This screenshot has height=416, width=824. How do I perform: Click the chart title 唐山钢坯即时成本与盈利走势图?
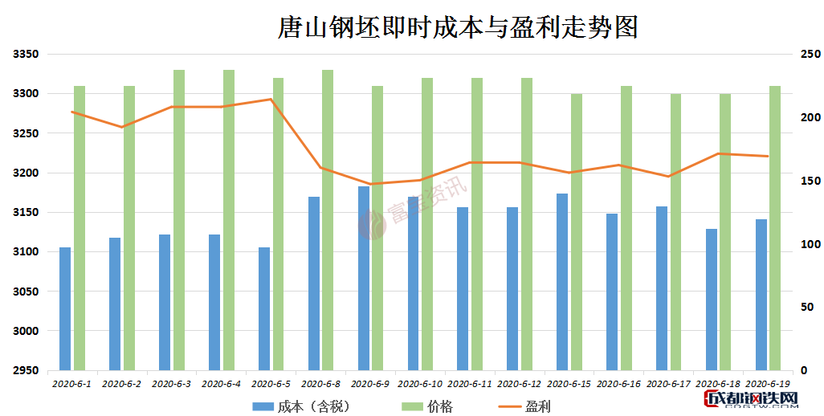point(457,27)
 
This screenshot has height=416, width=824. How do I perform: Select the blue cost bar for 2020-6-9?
point(364,278)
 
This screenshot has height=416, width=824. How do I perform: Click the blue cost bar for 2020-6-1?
point(65,308)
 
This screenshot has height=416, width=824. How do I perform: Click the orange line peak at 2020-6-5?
point(271,100)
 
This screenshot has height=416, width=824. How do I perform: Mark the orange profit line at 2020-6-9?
point(370,184)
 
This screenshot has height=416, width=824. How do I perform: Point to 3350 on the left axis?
point(26,55)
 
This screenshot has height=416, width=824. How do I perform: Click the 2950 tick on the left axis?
point(26,370)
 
